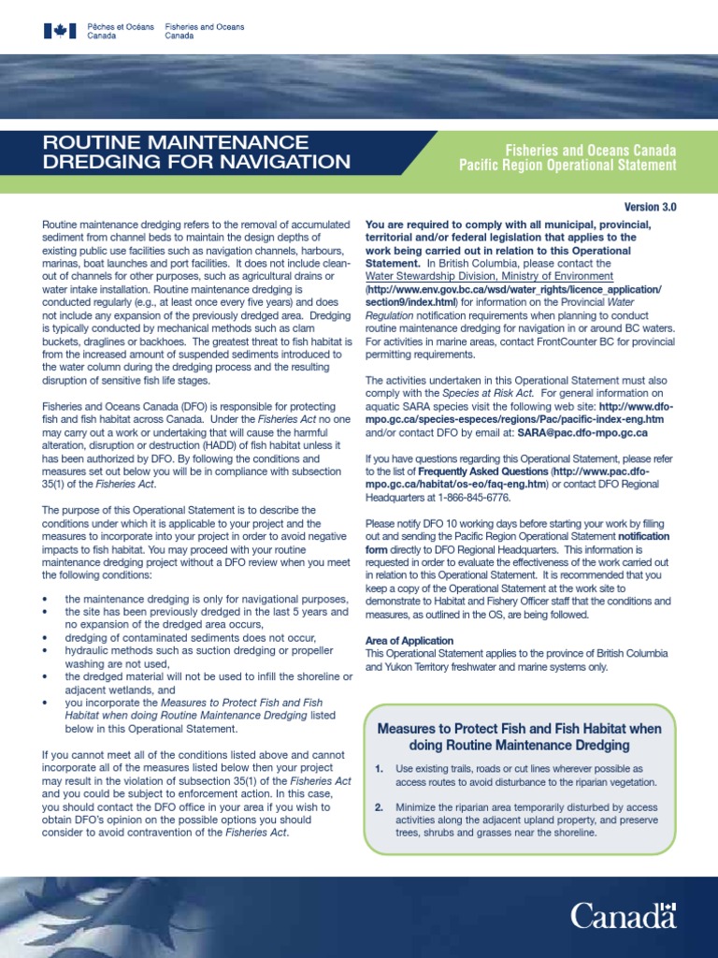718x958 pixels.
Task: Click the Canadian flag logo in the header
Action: [60, 31]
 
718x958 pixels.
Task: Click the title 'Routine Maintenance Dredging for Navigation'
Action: [197, 152]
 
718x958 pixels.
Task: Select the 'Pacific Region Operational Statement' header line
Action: [567, 166]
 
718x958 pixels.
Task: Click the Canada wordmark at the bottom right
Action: [624, 914]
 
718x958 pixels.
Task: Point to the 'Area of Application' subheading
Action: [409, 641]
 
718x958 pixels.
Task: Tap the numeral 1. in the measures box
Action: [379, 768]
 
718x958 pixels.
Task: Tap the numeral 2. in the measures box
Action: [379, 806]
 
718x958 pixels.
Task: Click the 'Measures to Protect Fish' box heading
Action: [518, 736]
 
